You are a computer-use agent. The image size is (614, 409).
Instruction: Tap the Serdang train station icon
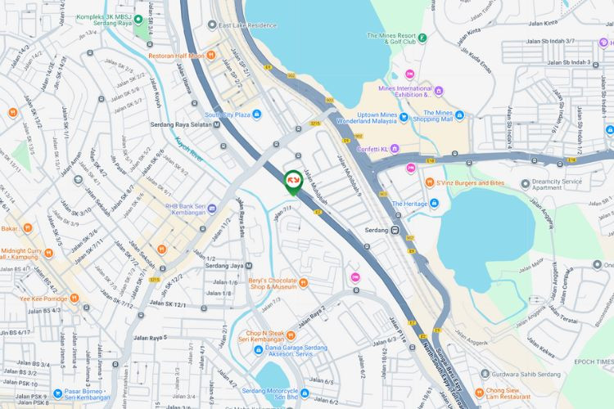point(394,231)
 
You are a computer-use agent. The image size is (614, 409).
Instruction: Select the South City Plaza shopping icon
point(256,115)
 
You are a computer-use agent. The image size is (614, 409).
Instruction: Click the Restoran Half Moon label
point(175,56)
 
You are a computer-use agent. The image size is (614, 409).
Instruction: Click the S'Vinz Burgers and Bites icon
point(430,183)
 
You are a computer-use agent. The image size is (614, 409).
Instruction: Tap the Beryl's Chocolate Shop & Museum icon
point(303,283)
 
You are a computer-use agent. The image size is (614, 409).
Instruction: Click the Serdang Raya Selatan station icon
point(216,125)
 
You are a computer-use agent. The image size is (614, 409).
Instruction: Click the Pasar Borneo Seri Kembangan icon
point(57,393)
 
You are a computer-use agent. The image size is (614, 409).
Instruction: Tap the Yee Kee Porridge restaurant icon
point(74,298)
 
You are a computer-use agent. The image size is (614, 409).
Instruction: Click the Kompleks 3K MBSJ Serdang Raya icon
point(138,20)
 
